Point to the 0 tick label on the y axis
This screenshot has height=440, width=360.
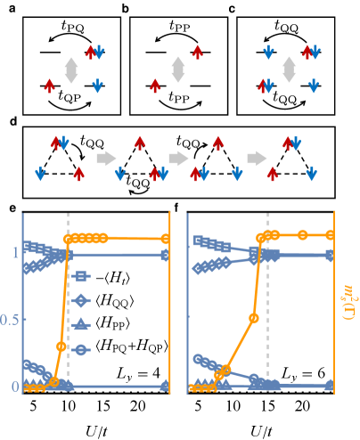(x=14, y=386)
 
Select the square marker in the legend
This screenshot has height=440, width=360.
(x=81, y=277)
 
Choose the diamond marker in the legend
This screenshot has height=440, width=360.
(x=81, y=301)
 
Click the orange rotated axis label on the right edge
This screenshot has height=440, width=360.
(x=348, y=303)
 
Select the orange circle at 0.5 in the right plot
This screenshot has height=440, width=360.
(x=254, y=317)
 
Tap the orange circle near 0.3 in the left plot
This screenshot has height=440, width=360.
(x=61, y=346)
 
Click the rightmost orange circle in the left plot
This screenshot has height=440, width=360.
(x=166, y=239)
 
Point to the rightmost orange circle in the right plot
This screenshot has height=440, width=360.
(x=330, y=235)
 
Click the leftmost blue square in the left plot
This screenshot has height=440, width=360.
(x=28, y=245)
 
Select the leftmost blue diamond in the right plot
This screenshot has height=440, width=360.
(x=197, y=268)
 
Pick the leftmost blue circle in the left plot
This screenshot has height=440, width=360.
(x=28, y=363)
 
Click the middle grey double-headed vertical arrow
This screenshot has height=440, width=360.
(x=178, y=69)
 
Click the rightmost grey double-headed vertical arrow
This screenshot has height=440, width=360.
(x=289, y=69)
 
